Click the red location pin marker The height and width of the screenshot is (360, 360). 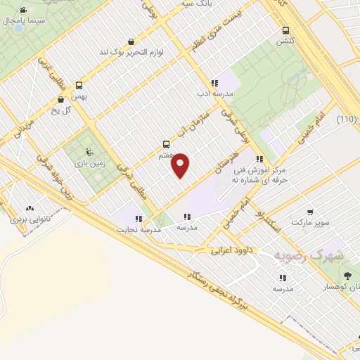(181, 164)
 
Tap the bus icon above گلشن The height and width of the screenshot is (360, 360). (285, 30)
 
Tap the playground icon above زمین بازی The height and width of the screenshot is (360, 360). (88, 151)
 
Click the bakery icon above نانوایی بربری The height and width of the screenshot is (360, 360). (29, 208)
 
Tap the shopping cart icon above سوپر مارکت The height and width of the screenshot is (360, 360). (310, 212)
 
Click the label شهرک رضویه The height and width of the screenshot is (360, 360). (309, 256)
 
